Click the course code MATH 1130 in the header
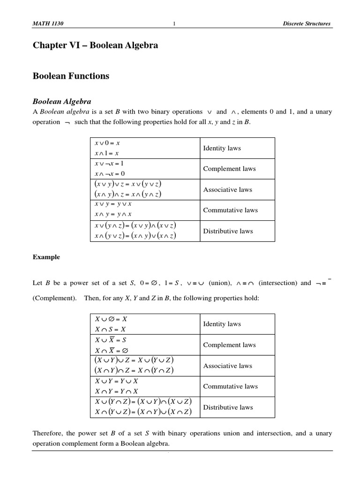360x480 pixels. pyautogui.click(x=46, y=24)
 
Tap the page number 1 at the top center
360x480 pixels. pyautogui.click(x=174, y=24)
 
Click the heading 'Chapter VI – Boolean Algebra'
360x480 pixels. pyautogui.click(x=95, y=45)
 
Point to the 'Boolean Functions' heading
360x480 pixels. pyautogui.click(x=71, y=76)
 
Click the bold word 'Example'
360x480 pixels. pyautogui.click(x=46, y=257)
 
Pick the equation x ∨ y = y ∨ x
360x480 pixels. pyautogui.click(x=113, y=204)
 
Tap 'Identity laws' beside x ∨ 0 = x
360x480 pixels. pyautogui.click(x=222, y=148)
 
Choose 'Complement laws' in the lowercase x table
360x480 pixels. pyautogui.click(x=229, y=169)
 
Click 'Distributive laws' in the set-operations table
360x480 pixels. pyautogui.click(x=227, y=407)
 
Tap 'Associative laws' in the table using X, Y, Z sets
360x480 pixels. pyautogui.click(x=227, y=366)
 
